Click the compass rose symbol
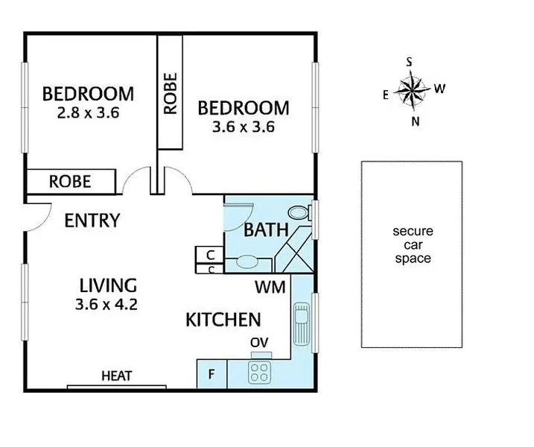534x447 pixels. point(410,91)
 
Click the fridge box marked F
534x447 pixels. point(211,374)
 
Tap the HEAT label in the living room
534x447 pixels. point(116,375)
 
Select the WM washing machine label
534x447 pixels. point(270,287)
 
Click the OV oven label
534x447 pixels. point(260,342)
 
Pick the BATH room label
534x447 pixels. point(266,230)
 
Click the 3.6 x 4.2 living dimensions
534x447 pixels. point(108,304)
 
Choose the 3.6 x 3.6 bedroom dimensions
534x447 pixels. point(244,127)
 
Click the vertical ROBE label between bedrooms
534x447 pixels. point(171,92)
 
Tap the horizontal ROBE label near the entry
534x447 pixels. point(70,181)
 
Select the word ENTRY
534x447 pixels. point(92,221)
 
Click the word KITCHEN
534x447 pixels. point(223,320)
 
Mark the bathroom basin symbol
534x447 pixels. point(247,261)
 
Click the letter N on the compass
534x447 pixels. point(415,122)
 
